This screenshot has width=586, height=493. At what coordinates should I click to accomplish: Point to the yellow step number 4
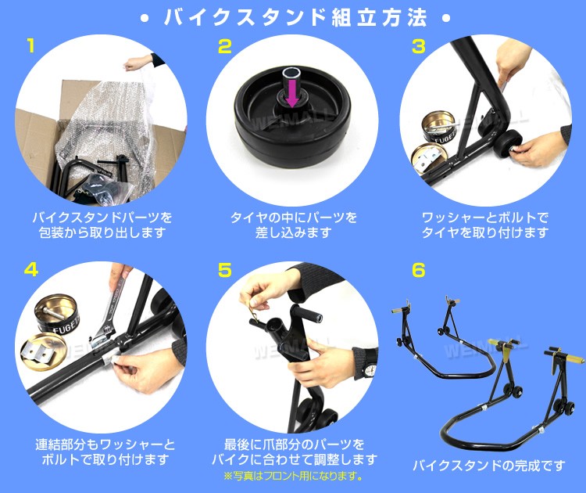coord(30,270)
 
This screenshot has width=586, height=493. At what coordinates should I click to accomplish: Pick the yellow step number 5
coord(225,270)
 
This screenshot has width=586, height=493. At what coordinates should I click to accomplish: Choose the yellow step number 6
coord(418,270)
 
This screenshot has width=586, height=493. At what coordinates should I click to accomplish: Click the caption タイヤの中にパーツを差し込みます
coord(293,224)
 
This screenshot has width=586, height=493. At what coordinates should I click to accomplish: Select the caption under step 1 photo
coord(102,224)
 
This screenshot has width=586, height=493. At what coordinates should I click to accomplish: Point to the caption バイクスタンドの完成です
coord(488,466)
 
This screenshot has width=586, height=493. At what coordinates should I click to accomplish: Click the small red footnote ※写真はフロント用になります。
coord(293,477)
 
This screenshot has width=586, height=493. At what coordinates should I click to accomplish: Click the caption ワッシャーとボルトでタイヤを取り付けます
coord(484,224)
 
